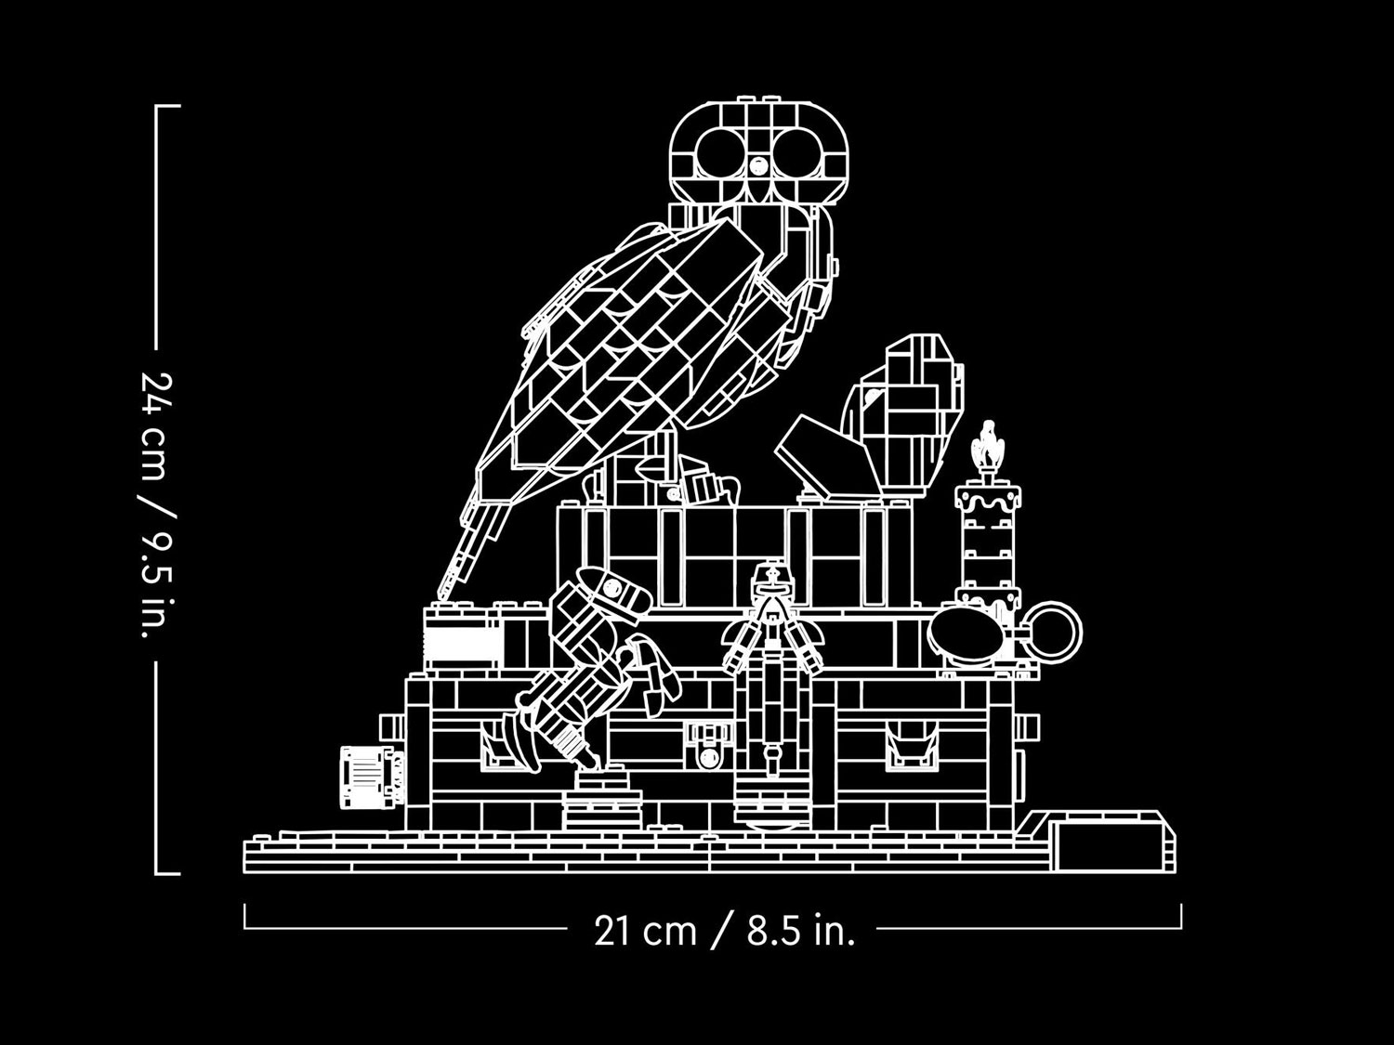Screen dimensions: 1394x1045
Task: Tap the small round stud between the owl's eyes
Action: pos(757,165)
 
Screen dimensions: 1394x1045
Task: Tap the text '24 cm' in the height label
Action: pos(155,425)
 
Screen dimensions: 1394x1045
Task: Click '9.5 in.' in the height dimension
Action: pos(155,584)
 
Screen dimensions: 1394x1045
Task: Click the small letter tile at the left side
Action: pos(367,777)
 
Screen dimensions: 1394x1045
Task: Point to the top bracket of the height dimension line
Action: pos(167,106)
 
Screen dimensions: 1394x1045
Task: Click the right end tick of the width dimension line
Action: pos(1181,916)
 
